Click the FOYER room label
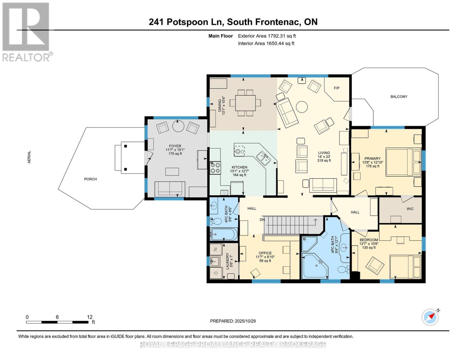[175, 146]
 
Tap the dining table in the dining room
[245, 103]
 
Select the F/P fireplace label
[337, 88]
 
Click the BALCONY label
[399, 97]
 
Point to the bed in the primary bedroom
[403, 162]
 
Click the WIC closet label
[410, 209]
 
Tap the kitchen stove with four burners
[215, 168]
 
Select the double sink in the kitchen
[263, 158]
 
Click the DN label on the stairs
[262, 220]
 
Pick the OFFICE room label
[265, 253]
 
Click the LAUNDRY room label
[227, 261]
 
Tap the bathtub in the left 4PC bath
[224, 234]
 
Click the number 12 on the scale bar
[89, 317]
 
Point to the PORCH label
[90, 179]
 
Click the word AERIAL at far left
[29, 157]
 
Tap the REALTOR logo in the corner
[26, 31]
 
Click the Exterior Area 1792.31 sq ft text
[267, 36]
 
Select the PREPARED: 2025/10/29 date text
[233, 321]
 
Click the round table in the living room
[302, 106]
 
